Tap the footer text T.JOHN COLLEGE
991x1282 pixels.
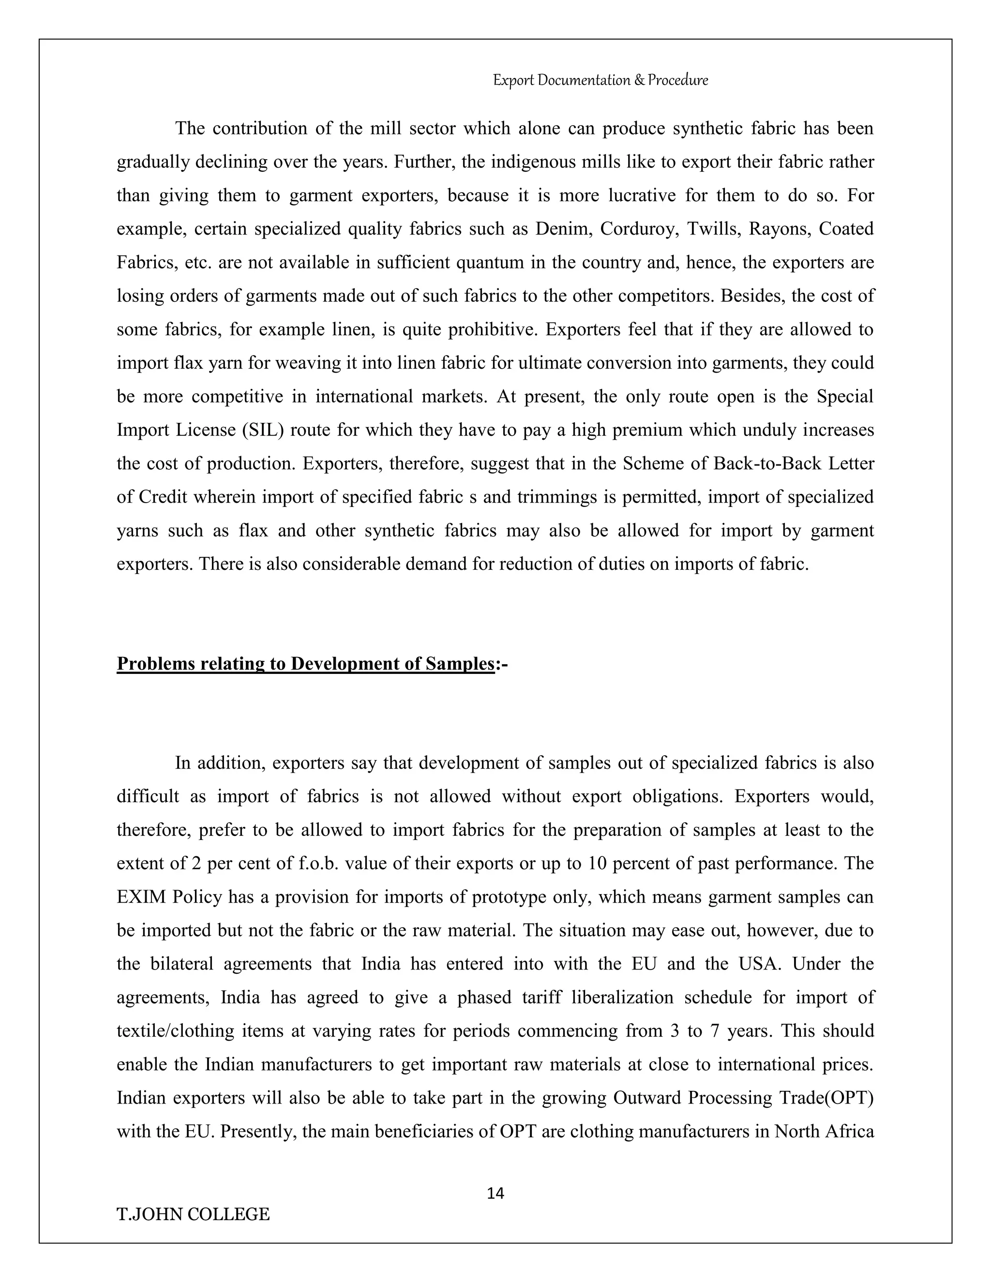[193, 1214]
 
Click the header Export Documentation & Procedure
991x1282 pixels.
[600, 80]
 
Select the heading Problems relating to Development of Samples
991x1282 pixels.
[305, 663]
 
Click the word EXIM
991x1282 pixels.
[140, 897]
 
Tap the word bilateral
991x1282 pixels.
[182, 964]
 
